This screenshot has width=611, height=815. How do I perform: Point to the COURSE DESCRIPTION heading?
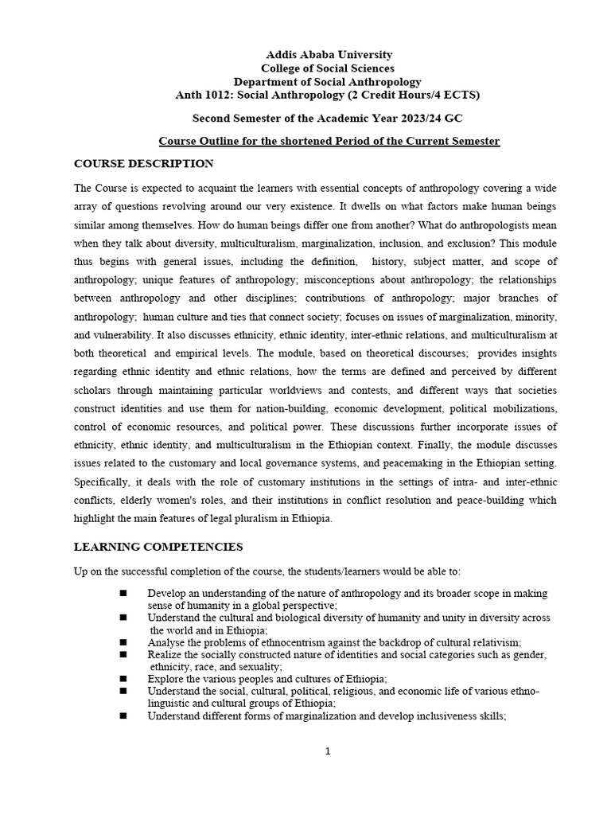[x=143, y=164]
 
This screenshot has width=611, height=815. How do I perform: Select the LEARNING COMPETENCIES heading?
[x=158, y=547]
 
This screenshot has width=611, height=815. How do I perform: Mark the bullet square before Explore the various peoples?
[x=123, y=678]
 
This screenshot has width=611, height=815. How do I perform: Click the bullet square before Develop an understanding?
[x=123, y=594]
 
